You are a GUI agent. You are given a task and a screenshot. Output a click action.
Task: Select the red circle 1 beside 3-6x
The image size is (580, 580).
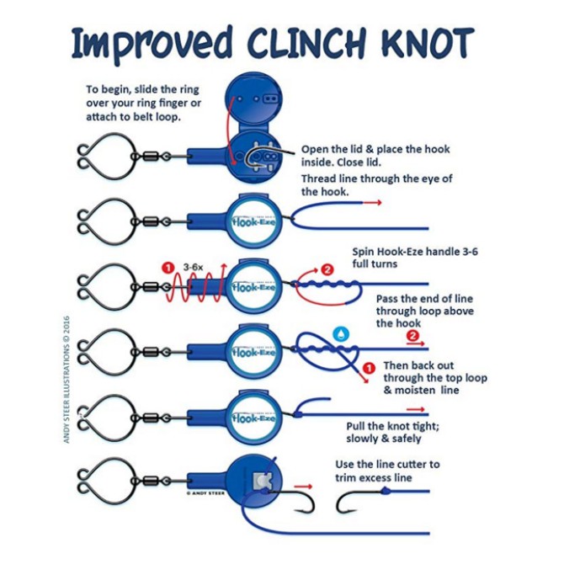[x=168, y=267]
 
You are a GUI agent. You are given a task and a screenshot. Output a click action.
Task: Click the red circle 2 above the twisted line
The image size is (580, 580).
[x=327, y=269]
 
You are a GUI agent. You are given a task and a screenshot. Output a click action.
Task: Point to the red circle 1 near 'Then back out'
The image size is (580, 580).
[x=369, y=368]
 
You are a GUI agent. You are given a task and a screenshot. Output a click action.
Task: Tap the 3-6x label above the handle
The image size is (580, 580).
[x=193, y=267]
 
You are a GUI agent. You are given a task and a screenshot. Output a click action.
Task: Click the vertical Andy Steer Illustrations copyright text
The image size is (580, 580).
[x=67, y=379]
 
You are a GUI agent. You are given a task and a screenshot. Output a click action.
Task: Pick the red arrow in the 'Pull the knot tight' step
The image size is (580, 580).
[x=415, y=409]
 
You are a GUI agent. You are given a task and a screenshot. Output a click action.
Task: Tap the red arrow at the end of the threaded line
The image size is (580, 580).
[x=372, y=202]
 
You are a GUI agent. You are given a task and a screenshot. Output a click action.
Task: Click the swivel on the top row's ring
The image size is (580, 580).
[x=151, y=157]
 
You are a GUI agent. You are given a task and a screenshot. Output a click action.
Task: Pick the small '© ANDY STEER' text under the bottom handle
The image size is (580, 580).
[x=205, y=493]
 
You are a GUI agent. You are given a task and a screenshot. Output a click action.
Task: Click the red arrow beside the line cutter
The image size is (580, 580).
[x=303, y=487]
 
